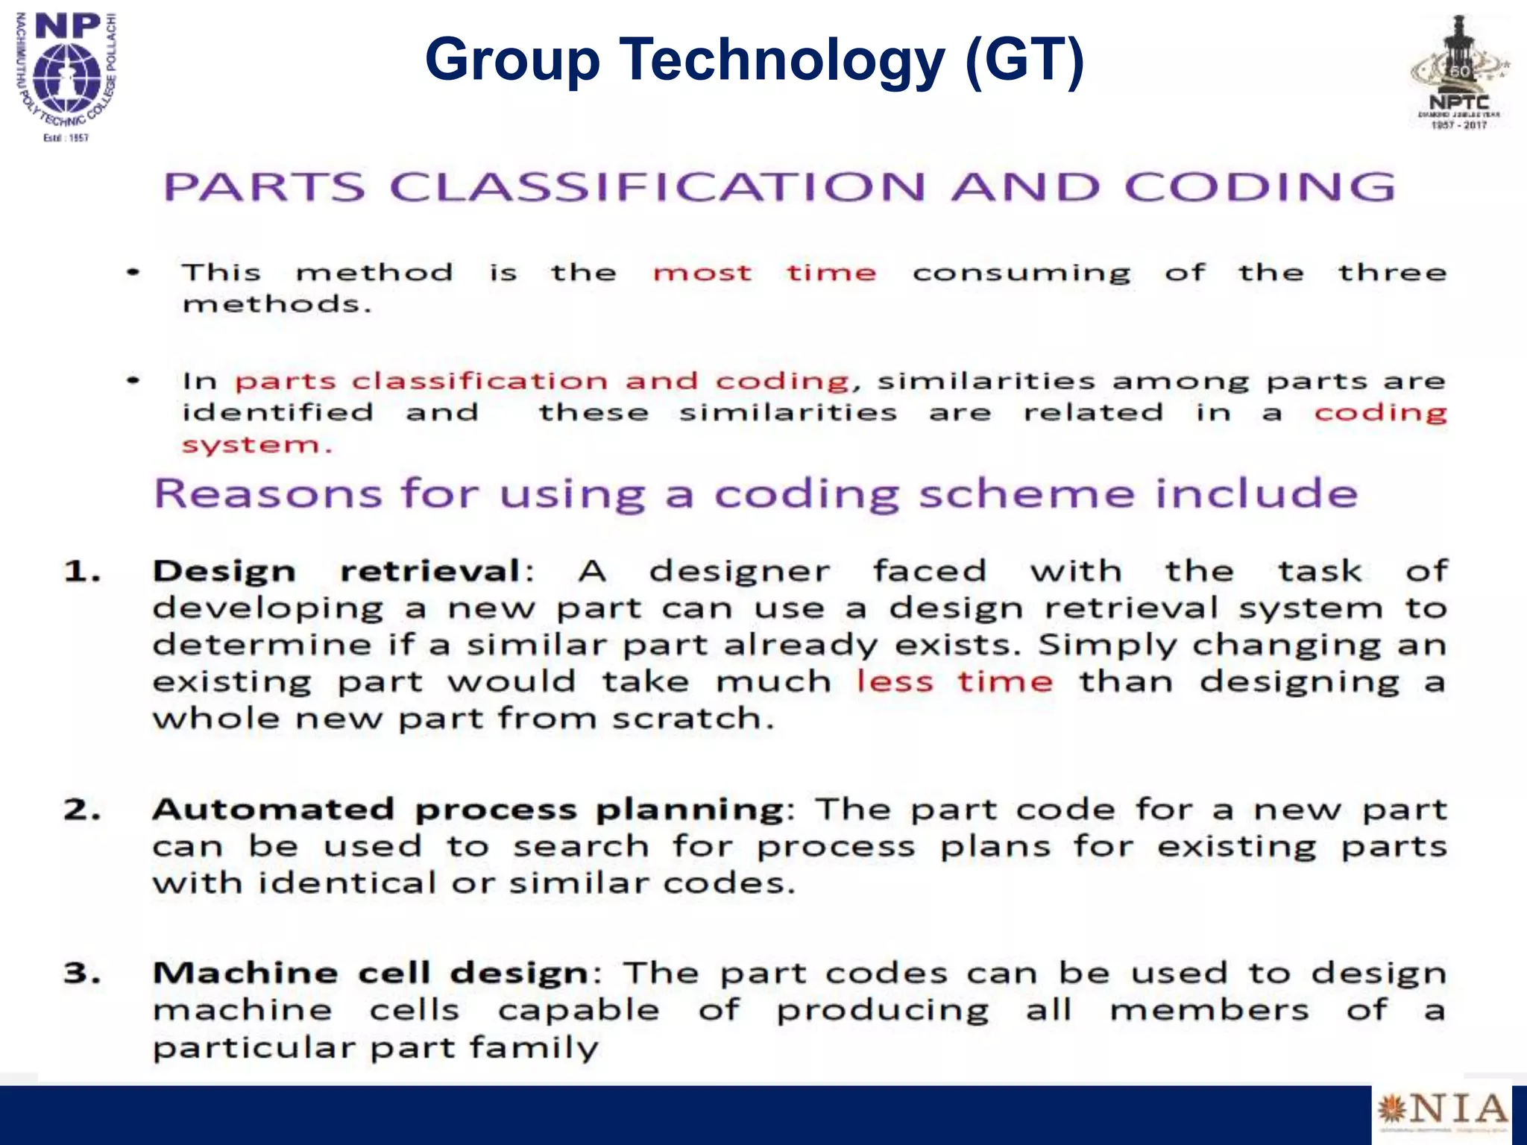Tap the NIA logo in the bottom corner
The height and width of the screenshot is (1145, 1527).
tap(1442, 1111)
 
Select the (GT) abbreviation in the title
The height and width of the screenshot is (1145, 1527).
tap(1024, 60)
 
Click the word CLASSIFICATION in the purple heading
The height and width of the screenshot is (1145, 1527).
tap(658, 186)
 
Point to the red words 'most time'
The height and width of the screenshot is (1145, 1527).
tap(763, 273)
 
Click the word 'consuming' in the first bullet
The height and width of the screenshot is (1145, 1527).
tap(1021, 274)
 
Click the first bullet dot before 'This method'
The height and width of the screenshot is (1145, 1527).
tap(133, 273)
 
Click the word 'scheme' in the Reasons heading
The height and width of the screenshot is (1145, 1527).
tap(1026, 493)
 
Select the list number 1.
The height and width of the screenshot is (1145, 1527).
tap(81, 572)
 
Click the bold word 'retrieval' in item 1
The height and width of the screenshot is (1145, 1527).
tap(430, 572)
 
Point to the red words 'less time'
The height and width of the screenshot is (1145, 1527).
tap(954, 681)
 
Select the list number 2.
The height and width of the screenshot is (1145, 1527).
tap(81, 810)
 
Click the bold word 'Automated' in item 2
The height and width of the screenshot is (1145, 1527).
tap(273, 810)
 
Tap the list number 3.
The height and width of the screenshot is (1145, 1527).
tap(81, 974)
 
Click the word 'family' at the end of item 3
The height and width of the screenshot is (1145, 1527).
tap(534, 1048)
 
